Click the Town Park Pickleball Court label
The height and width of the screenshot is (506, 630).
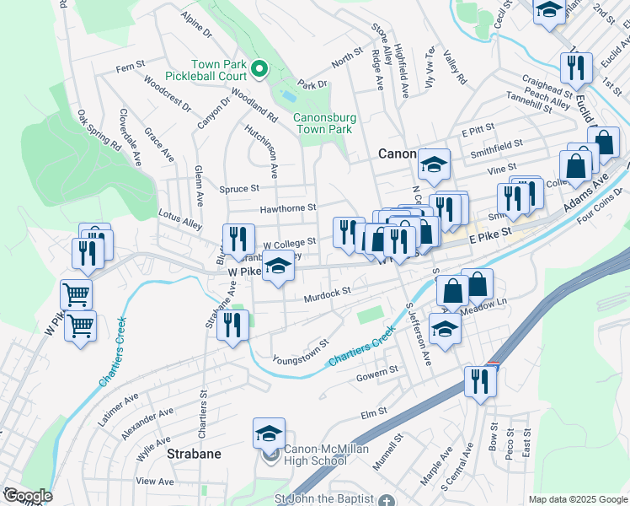pos(217,71)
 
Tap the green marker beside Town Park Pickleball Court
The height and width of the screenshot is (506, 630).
pos(260,68)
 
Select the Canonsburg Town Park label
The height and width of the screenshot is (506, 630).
pos(322,123)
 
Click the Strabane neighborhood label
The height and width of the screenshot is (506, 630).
pos(192,454)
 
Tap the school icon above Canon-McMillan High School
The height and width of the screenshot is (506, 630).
pos(269,434)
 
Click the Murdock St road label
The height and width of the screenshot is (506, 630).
pos(327,292)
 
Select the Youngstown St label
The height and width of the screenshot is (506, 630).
pos(300,353)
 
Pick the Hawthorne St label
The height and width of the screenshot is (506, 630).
pos(288,207)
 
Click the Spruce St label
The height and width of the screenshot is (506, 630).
pos(239,189)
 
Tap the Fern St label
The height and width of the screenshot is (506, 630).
pos(131,66)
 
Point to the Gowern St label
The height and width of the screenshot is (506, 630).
pos(376,371)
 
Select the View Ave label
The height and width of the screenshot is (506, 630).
pos(154,481)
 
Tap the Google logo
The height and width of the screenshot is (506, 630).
pos(27,495)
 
